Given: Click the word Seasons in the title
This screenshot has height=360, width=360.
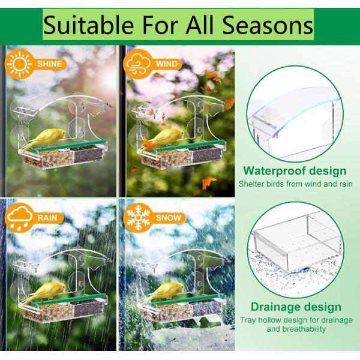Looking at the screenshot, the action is pos(268,25).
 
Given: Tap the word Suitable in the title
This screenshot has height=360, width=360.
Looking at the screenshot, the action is pos(88,25).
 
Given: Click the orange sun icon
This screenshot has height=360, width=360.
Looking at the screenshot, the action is pos(20,64).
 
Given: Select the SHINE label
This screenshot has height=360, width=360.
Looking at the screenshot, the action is pos(50,64).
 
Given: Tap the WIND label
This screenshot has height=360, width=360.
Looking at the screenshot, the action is pos(167,64).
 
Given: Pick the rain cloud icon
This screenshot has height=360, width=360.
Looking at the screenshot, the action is pos(19,218).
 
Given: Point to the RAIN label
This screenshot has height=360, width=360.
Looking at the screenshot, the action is pos(47,218).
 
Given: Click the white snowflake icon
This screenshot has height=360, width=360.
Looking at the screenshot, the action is pos(138,218).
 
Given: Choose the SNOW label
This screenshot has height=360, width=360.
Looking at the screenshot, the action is pos(169,218).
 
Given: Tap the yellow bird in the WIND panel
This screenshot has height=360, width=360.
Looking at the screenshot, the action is pos(163,139).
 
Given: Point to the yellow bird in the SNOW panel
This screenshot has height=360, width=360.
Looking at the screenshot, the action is pos(163,293).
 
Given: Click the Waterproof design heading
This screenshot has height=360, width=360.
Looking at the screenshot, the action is pos(295,171).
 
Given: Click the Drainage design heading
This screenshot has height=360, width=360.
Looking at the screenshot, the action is pos(296,307).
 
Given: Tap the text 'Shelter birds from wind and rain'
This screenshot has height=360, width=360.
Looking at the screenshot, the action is pos(295,184).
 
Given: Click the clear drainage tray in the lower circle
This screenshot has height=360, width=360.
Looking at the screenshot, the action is pos(298,244).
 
